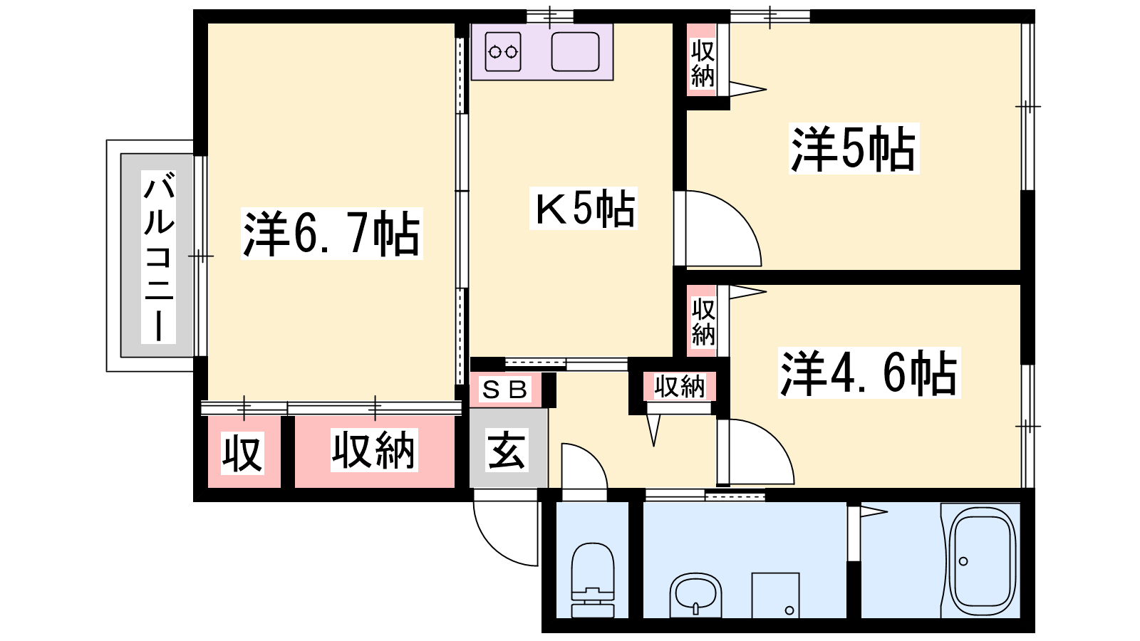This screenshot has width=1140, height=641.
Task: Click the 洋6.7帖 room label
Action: coord(332,234)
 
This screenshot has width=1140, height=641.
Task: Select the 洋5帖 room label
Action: coord(854,149)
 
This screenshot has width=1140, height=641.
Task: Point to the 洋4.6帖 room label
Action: coord(869,372)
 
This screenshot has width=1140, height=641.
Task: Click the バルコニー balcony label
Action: coord(159,257)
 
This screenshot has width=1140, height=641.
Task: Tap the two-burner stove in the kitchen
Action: coord(503,51)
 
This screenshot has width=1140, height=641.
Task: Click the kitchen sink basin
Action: coord(575,51)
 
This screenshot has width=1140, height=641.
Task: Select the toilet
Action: coord(592,580)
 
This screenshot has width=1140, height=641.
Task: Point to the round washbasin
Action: coord(695,595)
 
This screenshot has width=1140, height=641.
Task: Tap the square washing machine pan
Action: coord(775,595)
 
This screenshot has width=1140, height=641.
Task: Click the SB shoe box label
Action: coord(504,390)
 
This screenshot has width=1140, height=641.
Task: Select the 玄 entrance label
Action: coord(506,449)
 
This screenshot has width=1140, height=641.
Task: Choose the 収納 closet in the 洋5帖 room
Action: coord(703,60)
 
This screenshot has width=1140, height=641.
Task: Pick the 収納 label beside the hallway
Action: coord(680,387)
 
